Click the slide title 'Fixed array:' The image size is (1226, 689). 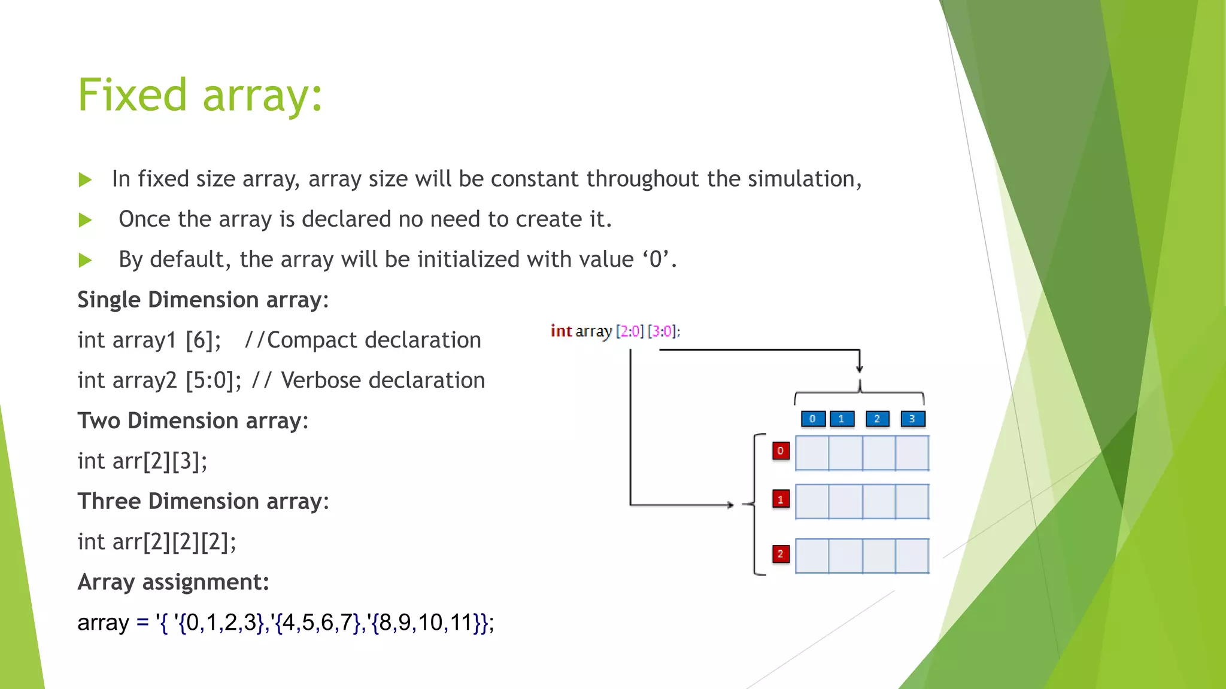(200, 96)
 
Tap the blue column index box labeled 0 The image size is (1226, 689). (813, 419)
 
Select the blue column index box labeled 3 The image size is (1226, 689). (912, 419)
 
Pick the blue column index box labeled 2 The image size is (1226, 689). (877, 419)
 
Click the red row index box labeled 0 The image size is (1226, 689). (781, 451)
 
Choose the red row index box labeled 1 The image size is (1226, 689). (781, 499)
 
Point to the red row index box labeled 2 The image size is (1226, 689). (781, 554)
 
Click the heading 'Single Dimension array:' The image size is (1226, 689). (203, 300)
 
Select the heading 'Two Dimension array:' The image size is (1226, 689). (193, 421)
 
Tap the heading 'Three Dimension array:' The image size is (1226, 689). (203, 501)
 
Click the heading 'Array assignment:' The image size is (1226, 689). (173, 582)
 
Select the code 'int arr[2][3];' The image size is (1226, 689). (142, 461)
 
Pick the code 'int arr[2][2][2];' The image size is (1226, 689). (157, 542)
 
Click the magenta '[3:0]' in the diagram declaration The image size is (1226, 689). (662, 331)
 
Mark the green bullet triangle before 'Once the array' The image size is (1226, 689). (86, 220)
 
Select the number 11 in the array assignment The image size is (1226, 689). (461, 623)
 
